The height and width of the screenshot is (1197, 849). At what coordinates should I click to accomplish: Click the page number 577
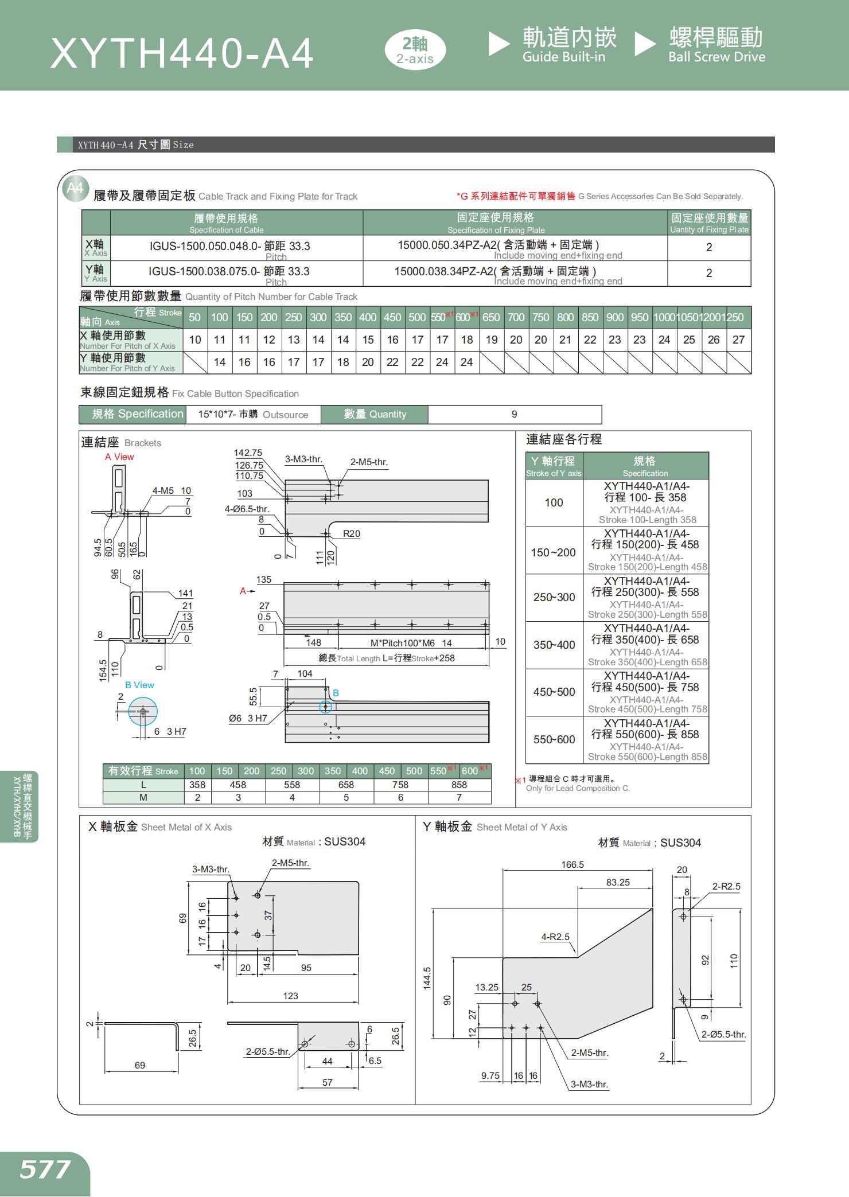pyautogui.click(x=45, y=1170)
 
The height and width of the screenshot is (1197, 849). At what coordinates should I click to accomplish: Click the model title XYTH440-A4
pyautogui.click(x=182, y=54)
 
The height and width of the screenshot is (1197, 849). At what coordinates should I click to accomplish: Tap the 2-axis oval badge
pyautogui.click(x=415, y=50)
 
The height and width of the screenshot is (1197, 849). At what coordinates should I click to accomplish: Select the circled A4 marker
pyautogui.click(x=75, y=188)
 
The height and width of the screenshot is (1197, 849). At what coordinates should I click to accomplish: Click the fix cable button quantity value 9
pyautogui.click(x=514, y=414)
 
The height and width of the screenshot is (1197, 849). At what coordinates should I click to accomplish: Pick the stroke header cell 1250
pyautogui.click(x=738, y=318)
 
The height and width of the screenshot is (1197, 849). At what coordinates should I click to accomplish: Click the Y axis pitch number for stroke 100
pyautogui.click(x=220, y=362)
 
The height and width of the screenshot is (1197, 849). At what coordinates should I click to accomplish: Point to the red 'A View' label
pyautogui.click(x=119, y=457)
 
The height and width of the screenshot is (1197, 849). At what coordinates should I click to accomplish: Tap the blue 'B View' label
pyautogui.click(x=139, y=685)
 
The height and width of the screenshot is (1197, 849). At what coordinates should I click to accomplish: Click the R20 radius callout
pyautogui.click(x=351, y=533)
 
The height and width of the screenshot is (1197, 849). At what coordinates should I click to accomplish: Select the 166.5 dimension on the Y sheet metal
pyautogui.click(x=572, y=864)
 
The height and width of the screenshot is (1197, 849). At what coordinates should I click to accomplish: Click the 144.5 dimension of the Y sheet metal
pyautogui.click(x=427, y=978)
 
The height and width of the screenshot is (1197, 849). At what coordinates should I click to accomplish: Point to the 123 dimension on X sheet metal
pyautogui.click(x=290, y=996)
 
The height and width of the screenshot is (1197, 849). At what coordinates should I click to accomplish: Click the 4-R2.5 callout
pyautogui.click(x=555, y=937)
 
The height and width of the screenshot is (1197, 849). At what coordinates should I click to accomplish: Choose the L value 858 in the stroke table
pyautogui.click(x=459, y=785)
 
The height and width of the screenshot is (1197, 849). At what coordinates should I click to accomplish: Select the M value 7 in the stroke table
pyautogui.click(x=459, y=797)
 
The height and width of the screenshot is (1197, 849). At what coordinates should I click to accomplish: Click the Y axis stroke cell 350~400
pyautogui.click(x=554, y=645)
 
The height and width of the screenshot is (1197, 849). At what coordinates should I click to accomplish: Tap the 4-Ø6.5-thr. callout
pyautogui.click(x=247, y=509)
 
